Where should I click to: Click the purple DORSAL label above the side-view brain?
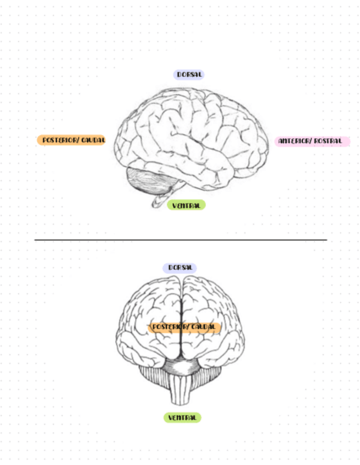click(190, 75)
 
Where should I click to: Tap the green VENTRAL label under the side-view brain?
click(186, 205)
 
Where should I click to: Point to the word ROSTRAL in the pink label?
click(329, 141)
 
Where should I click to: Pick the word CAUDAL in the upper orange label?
click(92, 140)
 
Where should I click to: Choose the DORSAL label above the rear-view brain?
click(179, 268)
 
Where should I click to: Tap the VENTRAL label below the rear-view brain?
click(182, 418)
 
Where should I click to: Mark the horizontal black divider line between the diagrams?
click(181, 240)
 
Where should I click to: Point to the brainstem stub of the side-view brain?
click(162, 200)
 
